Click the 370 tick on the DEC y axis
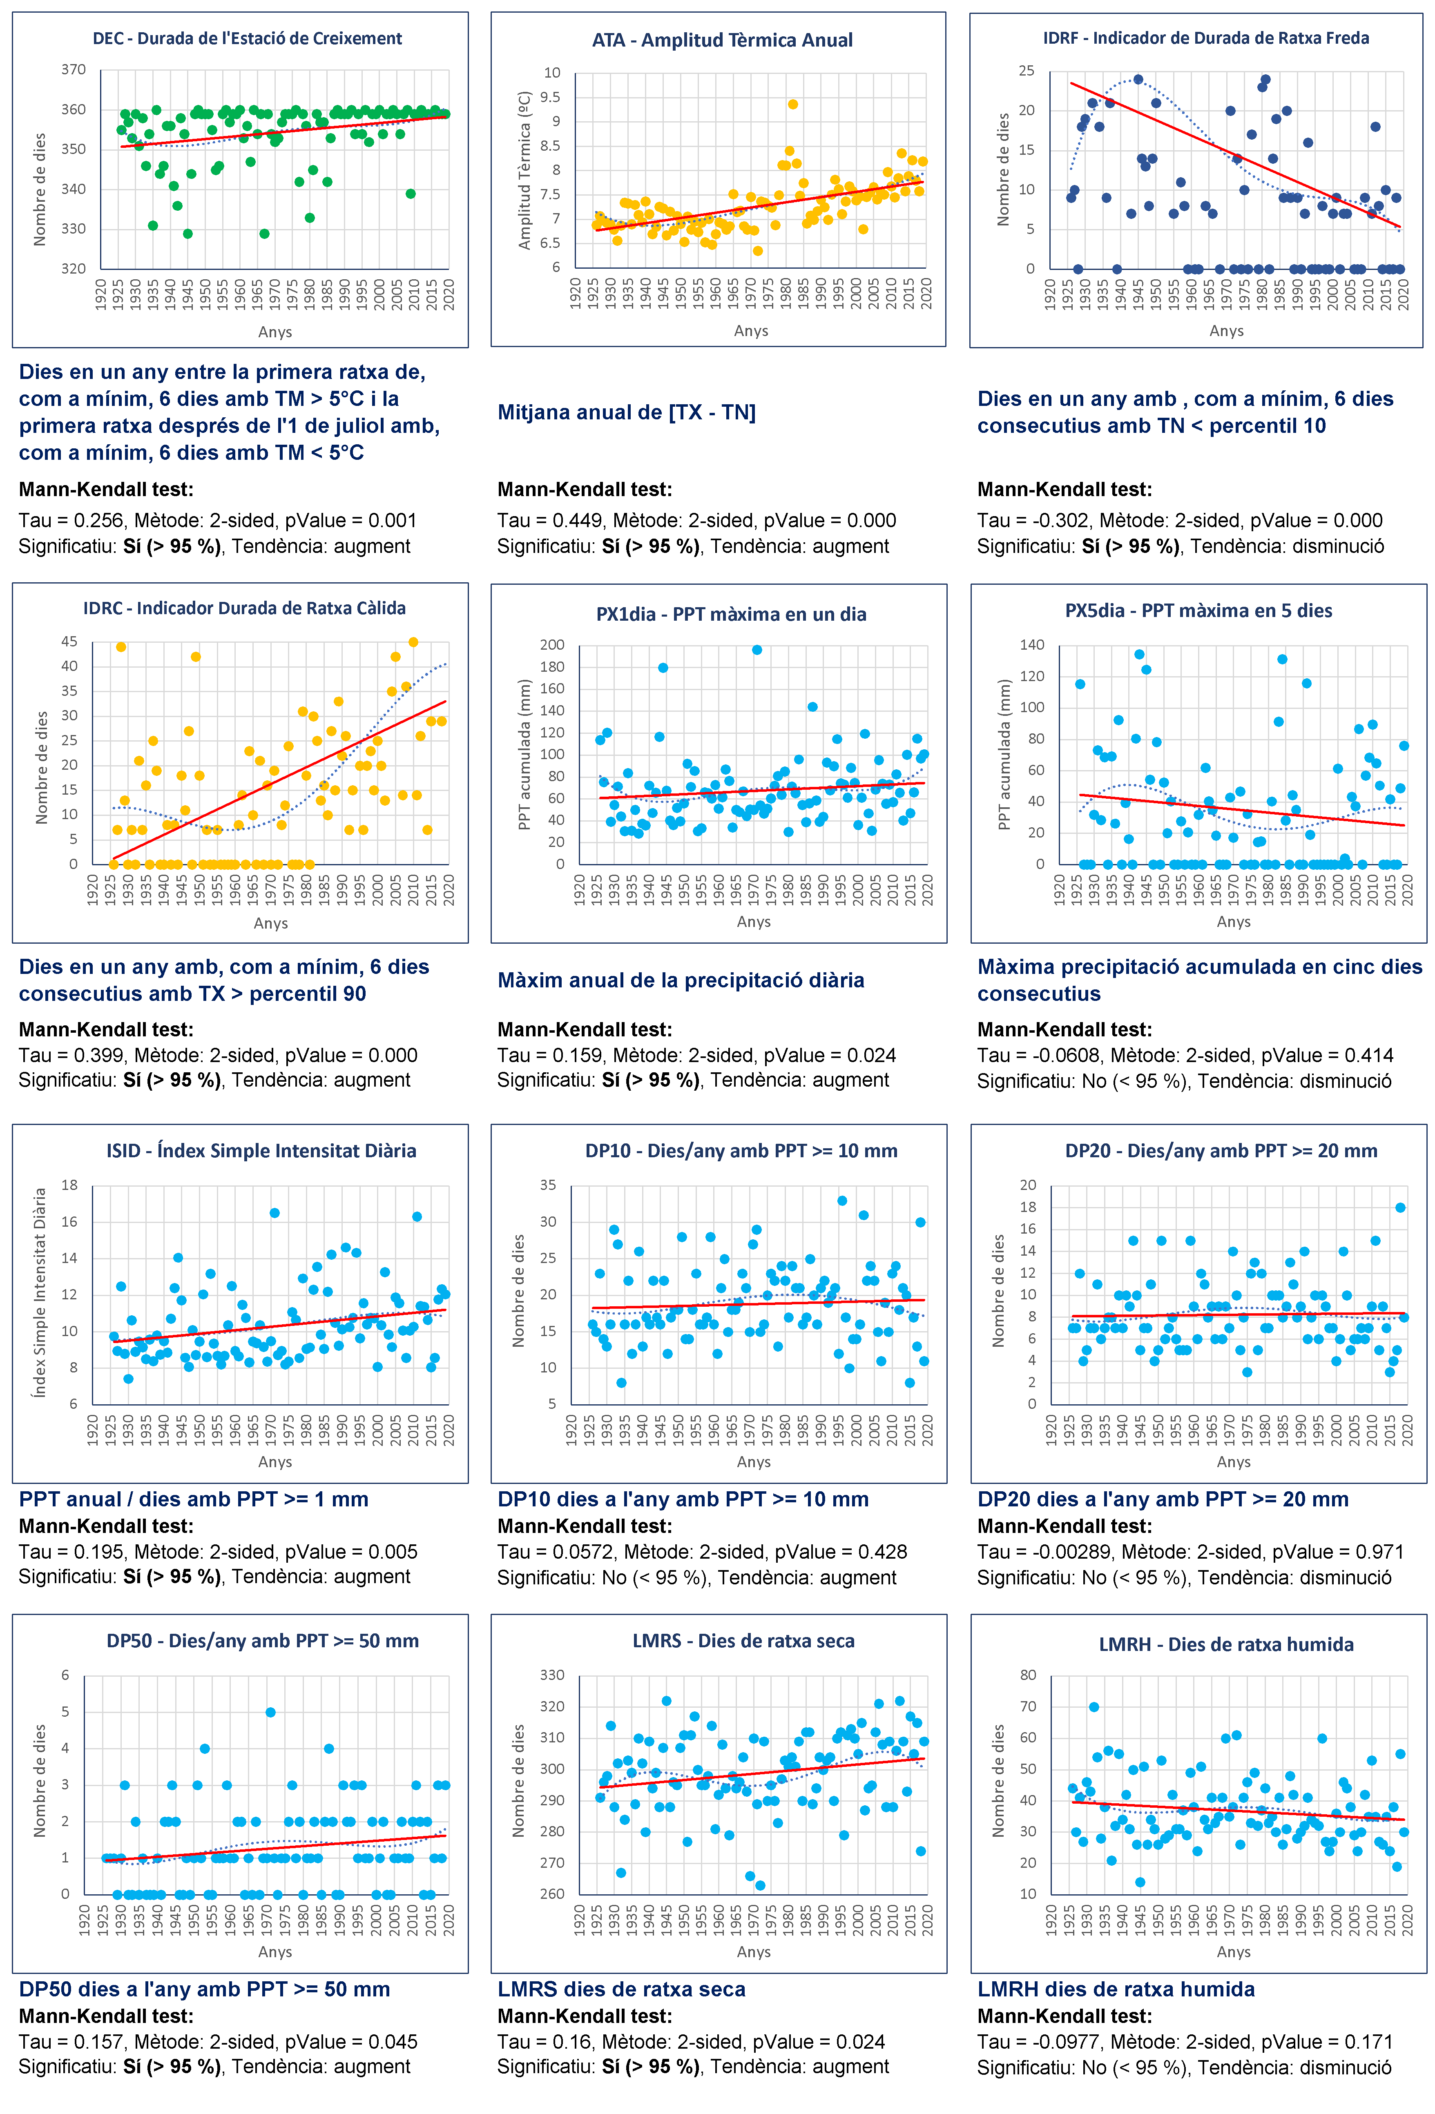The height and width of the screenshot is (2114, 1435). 74,69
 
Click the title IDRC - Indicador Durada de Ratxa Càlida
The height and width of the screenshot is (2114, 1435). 245,608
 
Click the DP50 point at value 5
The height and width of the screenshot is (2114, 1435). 270,1712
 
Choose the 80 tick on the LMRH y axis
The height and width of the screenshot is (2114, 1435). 1027,1675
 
